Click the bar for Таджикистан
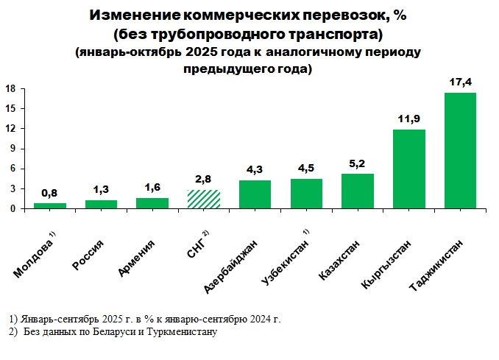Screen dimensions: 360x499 [460, 151]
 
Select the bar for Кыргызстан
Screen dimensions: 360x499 [408, 169]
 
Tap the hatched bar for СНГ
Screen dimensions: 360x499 [204, 200]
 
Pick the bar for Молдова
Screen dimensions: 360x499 [50, 206]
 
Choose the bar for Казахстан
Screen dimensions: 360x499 [358, 191]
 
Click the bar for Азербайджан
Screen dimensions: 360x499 [255, 195]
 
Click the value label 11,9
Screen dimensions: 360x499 [408, 119]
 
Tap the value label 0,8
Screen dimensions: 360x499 [50, 193]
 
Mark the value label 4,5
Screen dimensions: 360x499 [306, 169]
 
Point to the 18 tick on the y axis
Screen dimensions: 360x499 [11, 88]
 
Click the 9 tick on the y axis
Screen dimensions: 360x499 [13, 149]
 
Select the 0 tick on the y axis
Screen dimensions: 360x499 [13, 209]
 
